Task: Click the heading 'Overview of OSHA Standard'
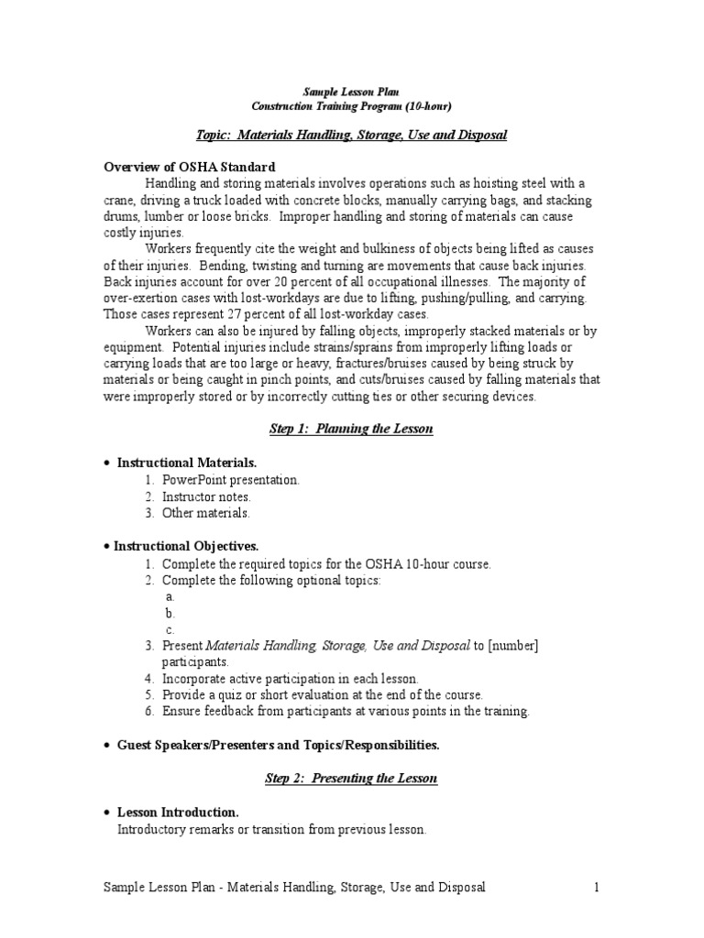click(x=189, y=167)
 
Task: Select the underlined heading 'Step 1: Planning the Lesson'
click(x=351, y=430)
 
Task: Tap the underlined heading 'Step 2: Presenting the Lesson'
click(x=351, y=779)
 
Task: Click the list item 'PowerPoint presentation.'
click(x=231, y=480)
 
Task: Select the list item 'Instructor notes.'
click(x=206, y=496)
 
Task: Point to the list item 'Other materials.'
click(x=205, y=513)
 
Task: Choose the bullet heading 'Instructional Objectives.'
click(x=186, y=546)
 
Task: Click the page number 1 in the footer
click(x=596, y=888)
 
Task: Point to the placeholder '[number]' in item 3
click(x=513, y=646)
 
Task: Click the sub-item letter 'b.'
click(x=170, y=613)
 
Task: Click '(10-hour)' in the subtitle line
click(x=423, y=106)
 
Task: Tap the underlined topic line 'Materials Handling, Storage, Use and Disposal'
click(x=371, y=135)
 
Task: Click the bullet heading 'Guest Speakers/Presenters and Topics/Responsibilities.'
click(x=277, y=746)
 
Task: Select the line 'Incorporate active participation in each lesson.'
click(x=290, y=679)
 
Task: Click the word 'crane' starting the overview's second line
click(x=119, y=200)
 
